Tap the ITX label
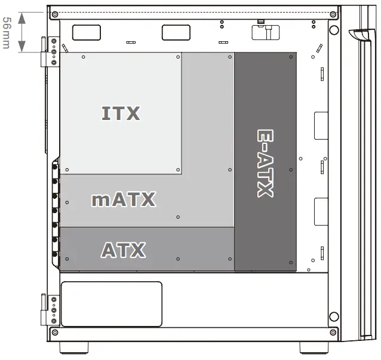pyautogui.click(x=121, y=113)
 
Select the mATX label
pyautogui.click(x=124, y=199)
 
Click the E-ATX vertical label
pyautogui.click(x=265, y=162)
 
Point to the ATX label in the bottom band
pyautogui.click(x=123, y=250)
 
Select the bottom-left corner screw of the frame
pyautogui.click(x=54, y=332)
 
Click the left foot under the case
pyautogui.click(x=73, y=347)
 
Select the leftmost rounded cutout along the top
pyautogui.click(x=87, y=32)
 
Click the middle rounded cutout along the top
pyautogui.click(x=176, y=32)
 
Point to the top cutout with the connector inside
pyautogui.click(x=266, y=32)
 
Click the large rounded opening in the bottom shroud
pyautogui.click(x=112, y=304)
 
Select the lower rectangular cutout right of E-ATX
pyautogui.click(x=321, y=211)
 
